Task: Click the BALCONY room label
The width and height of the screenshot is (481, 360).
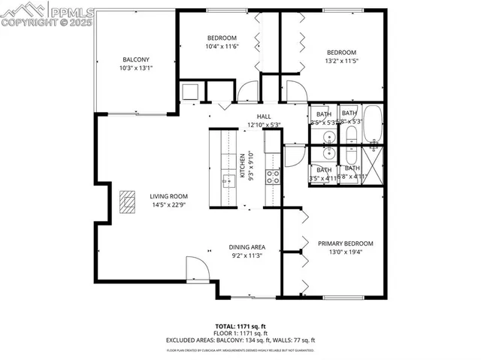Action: point(136,60)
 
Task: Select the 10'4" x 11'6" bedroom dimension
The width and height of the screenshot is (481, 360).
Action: point(222,47)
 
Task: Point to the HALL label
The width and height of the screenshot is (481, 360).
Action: point(264,116)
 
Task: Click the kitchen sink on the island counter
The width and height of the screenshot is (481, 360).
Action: point(226,180)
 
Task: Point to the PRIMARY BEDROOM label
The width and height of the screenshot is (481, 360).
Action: point(345,244)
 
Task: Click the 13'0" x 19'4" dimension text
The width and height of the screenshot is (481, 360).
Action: point(345,253)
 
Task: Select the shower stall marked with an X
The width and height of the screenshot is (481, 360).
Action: point(373,161)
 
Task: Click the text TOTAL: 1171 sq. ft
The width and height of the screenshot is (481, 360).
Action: point(240,326)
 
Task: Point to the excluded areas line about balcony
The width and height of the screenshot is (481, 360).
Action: point(240,339)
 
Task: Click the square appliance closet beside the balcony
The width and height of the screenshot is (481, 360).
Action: point(190,92)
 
